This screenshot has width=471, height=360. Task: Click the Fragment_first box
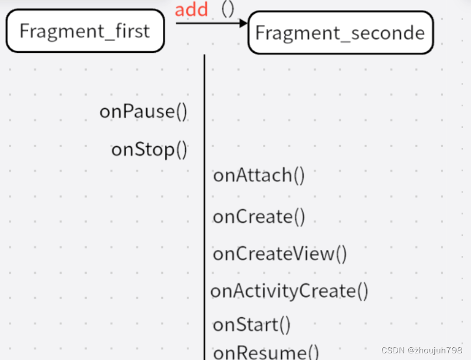click(85, 31)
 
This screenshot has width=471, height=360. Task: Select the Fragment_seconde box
click(340, 33)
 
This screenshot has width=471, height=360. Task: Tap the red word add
click(191, 9)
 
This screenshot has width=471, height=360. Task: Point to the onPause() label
click(143, 111)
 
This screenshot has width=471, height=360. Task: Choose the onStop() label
click(150, 149)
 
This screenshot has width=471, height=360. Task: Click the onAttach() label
click(259, 175)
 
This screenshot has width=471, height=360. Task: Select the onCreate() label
click(259, 216)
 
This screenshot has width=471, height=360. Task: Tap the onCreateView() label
click(280, 254)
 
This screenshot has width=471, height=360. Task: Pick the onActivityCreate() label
click(289, 290)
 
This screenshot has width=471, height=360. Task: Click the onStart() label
click(251, 324)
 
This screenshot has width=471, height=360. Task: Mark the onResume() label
click(266, 352)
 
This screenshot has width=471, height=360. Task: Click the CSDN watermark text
click(393, 350)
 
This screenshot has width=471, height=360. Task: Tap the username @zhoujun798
click(435, 350)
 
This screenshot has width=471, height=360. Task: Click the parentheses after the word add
click(228, 9)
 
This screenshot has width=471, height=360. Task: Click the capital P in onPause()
click(125, 111)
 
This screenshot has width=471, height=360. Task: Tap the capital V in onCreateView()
click(305, 254)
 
